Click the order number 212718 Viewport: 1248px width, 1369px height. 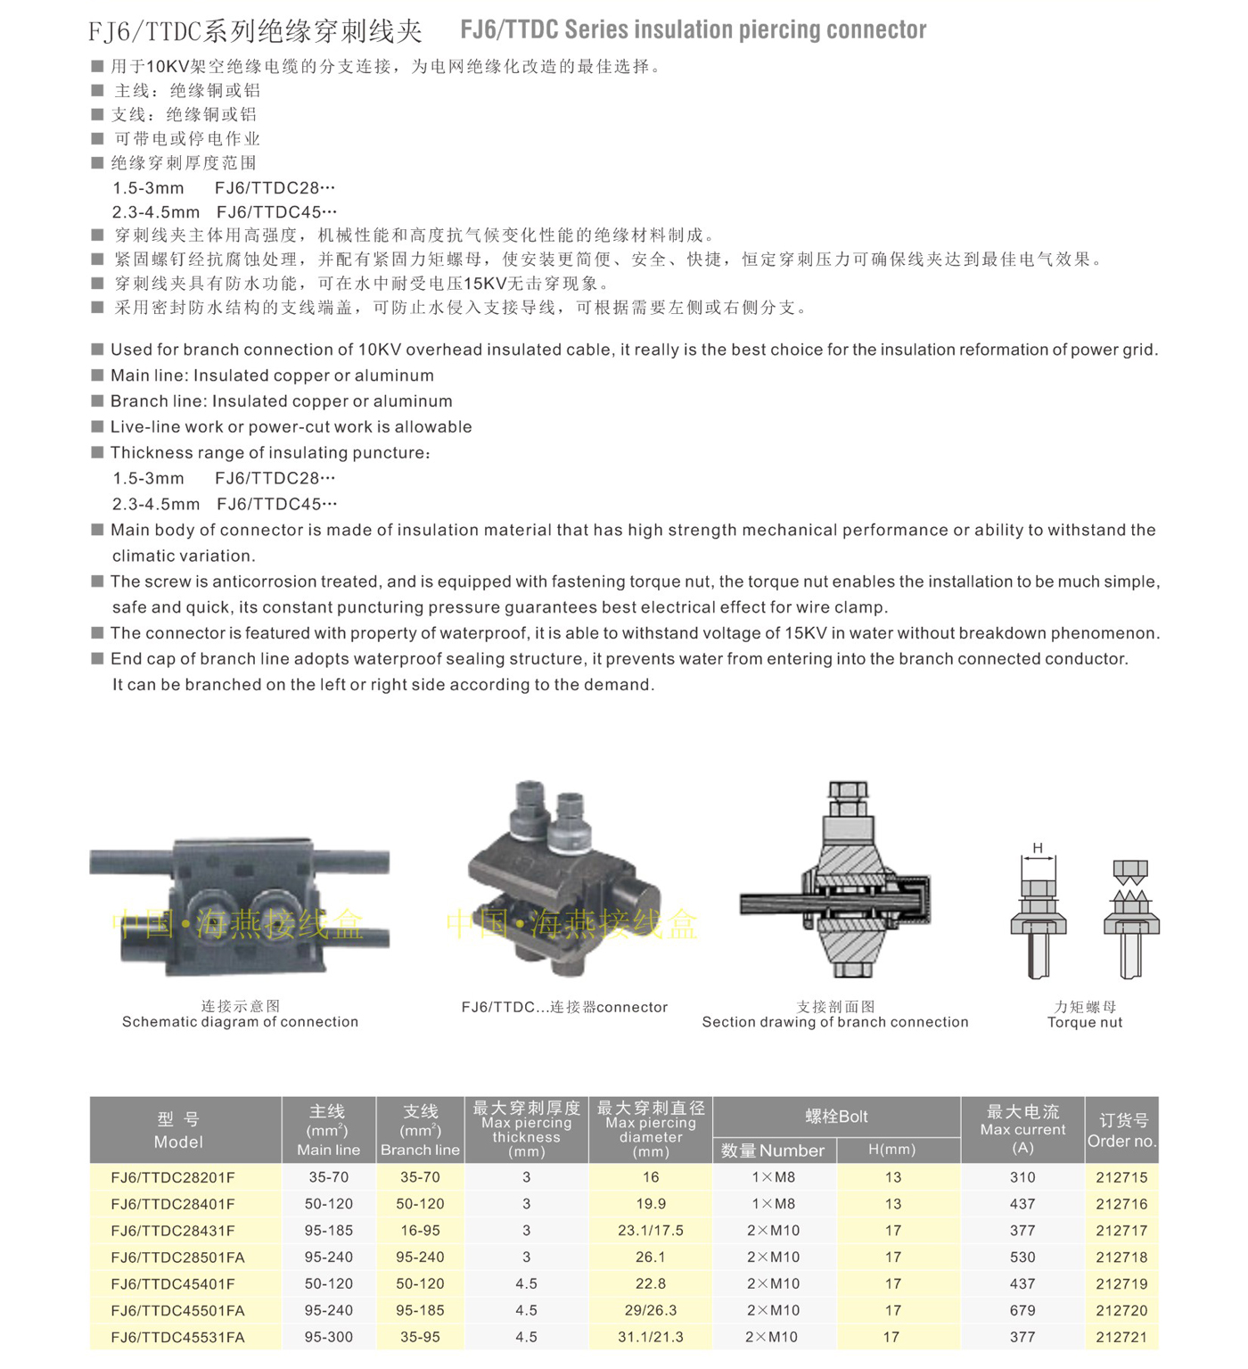coord(1121,1257)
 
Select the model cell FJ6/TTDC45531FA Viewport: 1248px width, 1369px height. coord(177,1337)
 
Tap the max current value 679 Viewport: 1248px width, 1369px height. coord(1022,1310)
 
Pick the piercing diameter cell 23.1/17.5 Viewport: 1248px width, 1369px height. coord(651,1230)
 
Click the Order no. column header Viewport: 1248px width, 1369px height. coord(1121,1131)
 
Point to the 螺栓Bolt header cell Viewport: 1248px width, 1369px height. coord(836,1117)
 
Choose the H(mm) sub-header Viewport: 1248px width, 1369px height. coord(892,1150)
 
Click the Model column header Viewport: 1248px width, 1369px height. coord(178,1131)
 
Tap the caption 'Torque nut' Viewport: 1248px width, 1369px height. coord(1085,1022)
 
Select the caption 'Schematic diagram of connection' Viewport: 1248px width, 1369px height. coord(240,1022)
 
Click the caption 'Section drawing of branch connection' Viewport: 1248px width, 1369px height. coord(835,1022)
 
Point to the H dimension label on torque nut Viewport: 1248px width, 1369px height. coord(1038,847)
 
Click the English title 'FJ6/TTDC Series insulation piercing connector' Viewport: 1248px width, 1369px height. coord(693,30)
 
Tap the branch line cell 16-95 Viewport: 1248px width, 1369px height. coord(420,1230)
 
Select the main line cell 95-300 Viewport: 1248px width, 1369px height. coord(329,1337)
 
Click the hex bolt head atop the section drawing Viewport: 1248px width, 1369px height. coord(848,791)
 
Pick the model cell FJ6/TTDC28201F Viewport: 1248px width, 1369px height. coord(173,1177)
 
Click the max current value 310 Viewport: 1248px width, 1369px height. coord(1022,1177)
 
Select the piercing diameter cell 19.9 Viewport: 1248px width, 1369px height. coord(651,1203)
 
